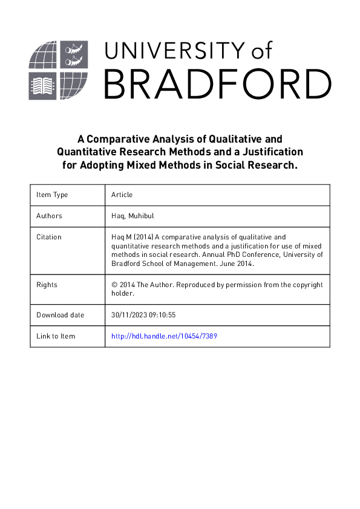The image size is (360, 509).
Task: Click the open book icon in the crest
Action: pos(42,86)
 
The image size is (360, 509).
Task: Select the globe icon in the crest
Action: pos(44,54)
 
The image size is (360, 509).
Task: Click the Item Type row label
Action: pos(52,195)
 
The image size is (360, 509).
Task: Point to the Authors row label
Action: pos(49,216)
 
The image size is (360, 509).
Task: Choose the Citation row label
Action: pos(49,237)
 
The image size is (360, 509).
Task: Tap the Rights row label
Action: pos(47,284)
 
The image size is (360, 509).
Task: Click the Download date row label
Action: pos(61,315)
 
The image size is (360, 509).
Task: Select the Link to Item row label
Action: pos(56,336)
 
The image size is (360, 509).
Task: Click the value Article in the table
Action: pos(122,195)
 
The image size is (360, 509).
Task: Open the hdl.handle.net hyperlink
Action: pos(164,336)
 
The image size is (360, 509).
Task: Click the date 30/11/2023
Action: pos(130,315)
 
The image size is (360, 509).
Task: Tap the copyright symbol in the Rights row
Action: pos(114,284)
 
